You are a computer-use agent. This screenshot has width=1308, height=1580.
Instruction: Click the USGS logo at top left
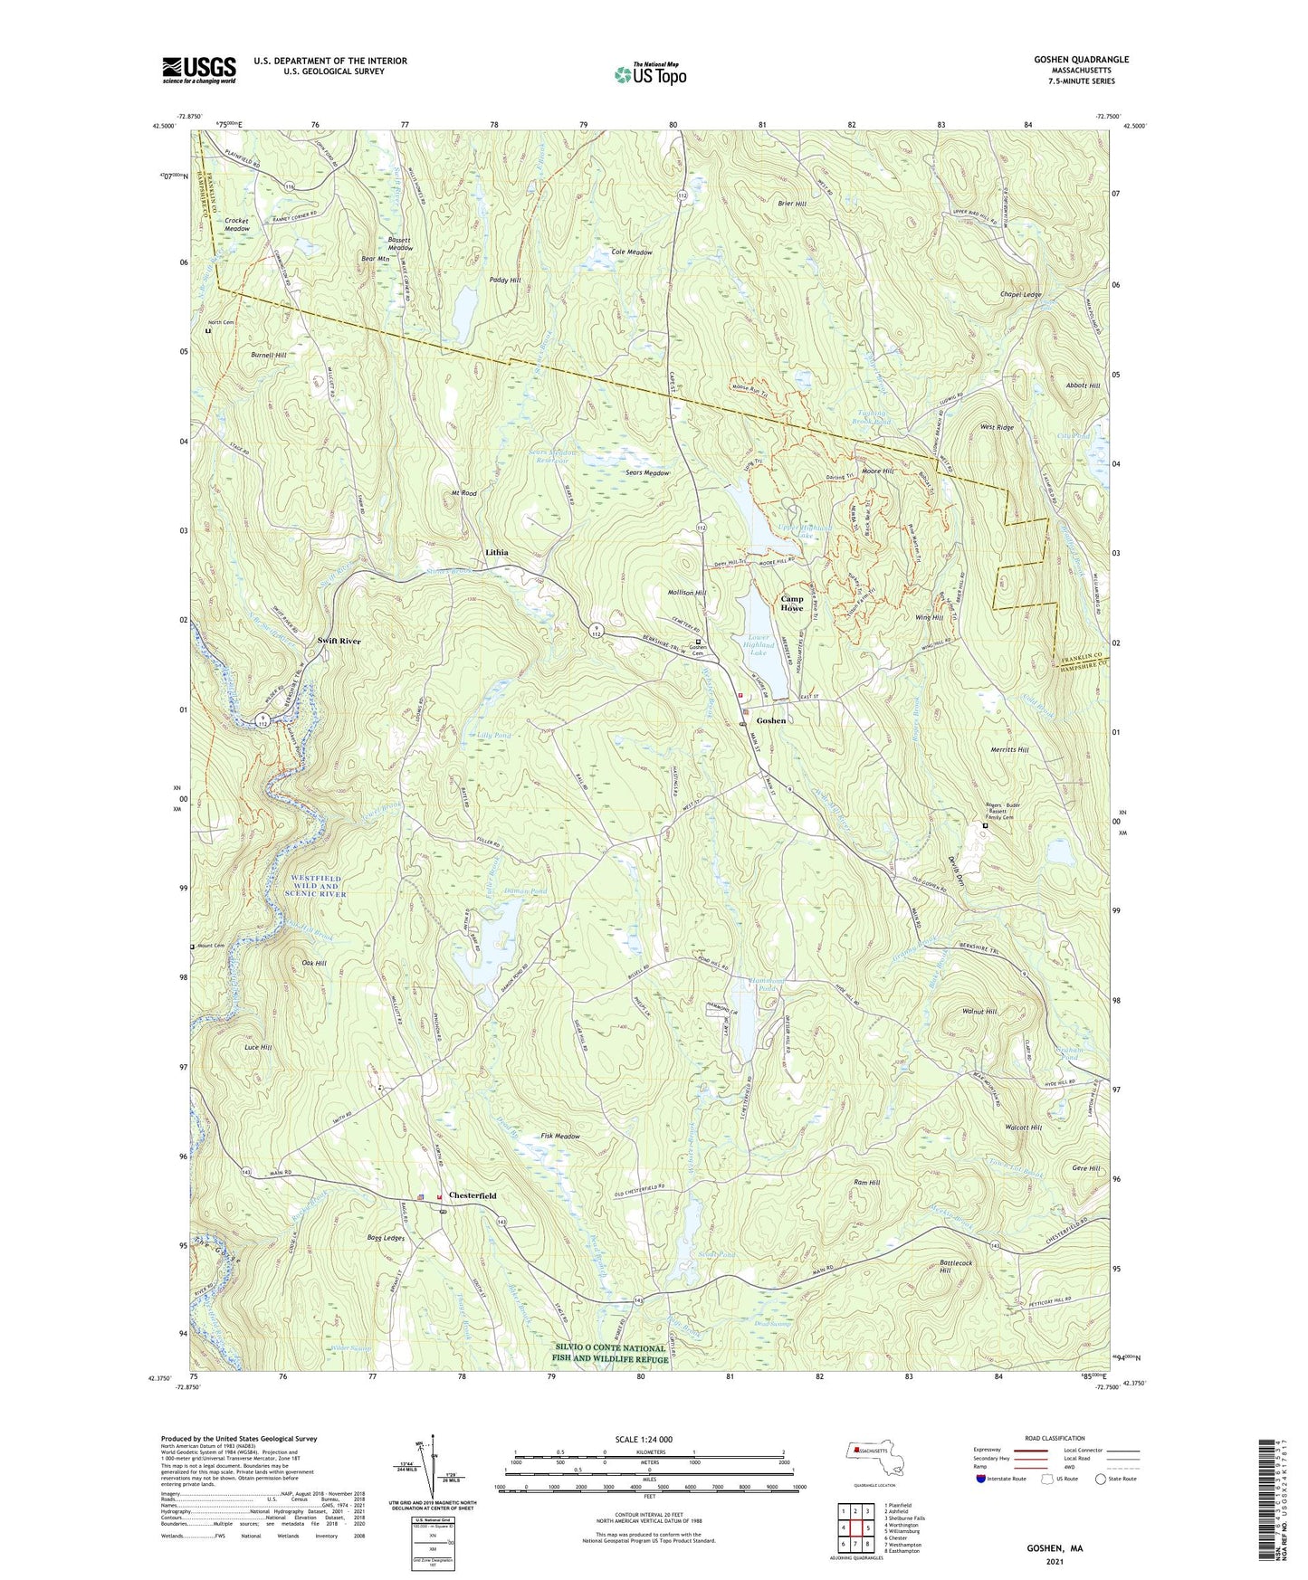click(198, 70)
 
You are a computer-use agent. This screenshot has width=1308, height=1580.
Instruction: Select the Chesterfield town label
click(472, 1195)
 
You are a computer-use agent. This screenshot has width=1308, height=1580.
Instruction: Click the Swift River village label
click(339, 641)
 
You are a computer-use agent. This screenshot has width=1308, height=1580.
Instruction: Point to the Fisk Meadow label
click(559, 1137)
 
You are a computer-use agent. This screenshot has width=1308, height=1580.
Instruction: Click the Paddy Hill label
click(505, 281)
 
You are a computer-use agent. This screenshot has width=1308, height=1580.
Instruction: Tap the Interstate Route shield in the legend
click(981, 1479)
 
